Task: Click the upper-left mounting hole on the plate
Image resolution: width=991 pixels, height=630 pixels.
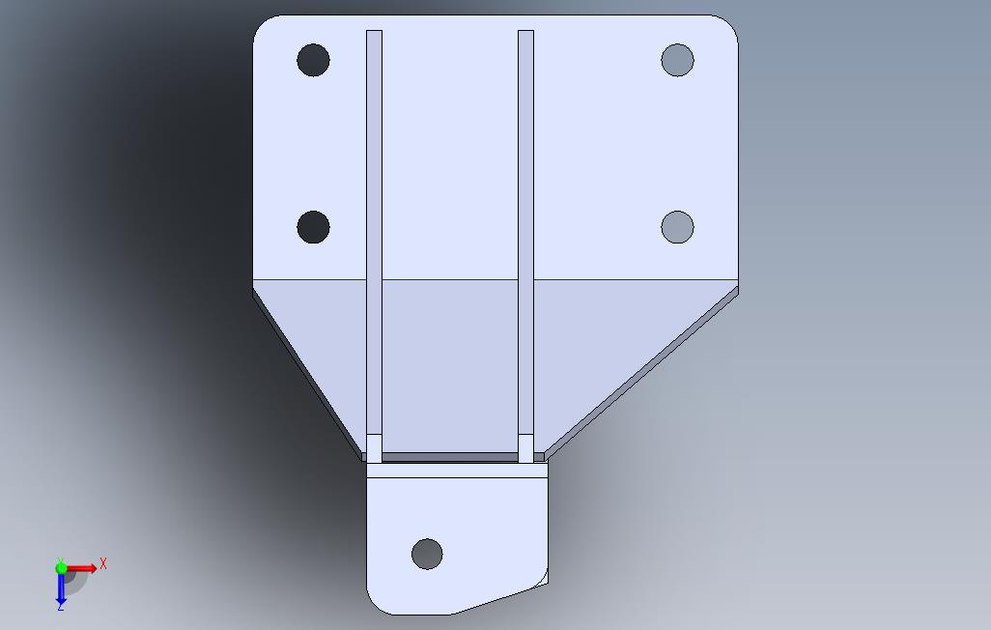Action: (x=314, y=60)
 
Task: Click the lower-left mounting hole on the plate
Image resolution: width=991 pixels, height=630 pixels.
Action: (x=314, y=227)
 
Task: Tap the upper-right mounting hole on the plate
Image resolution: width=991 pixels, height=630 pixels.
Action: (x=677, y=60)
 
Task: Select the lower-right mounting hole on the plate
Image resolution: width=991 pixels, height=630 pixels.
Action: (x=677, y=227)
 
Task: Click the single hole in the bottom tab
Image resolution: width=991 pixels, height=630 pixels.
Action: (x=427, y=554)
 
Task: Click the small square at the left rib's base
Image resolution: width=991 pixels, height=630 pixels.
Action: (x=374, y=448)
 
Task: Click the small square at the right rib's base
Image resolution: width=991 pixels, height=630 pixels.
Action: (x=525, y=448)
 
